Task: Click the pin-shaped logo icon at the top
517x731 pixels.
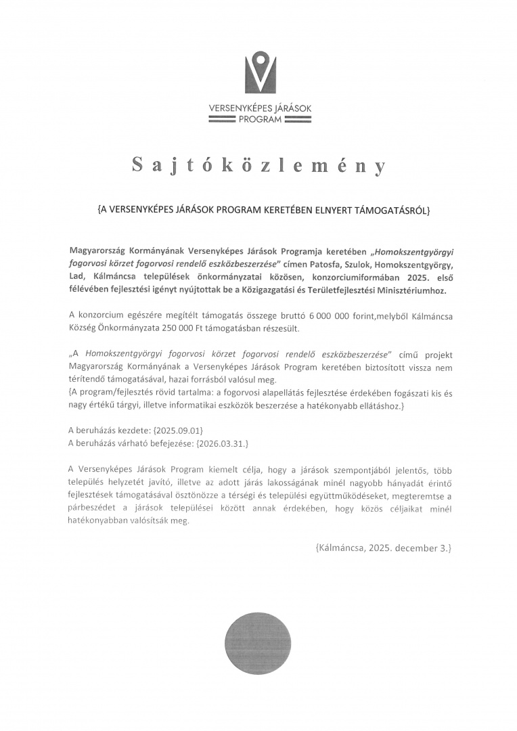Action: click(258, 72)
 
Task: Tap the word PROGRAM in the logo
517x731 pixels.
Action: click(258, 119)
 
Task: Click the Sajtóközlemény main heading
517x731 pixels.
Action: click(258, 167)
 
